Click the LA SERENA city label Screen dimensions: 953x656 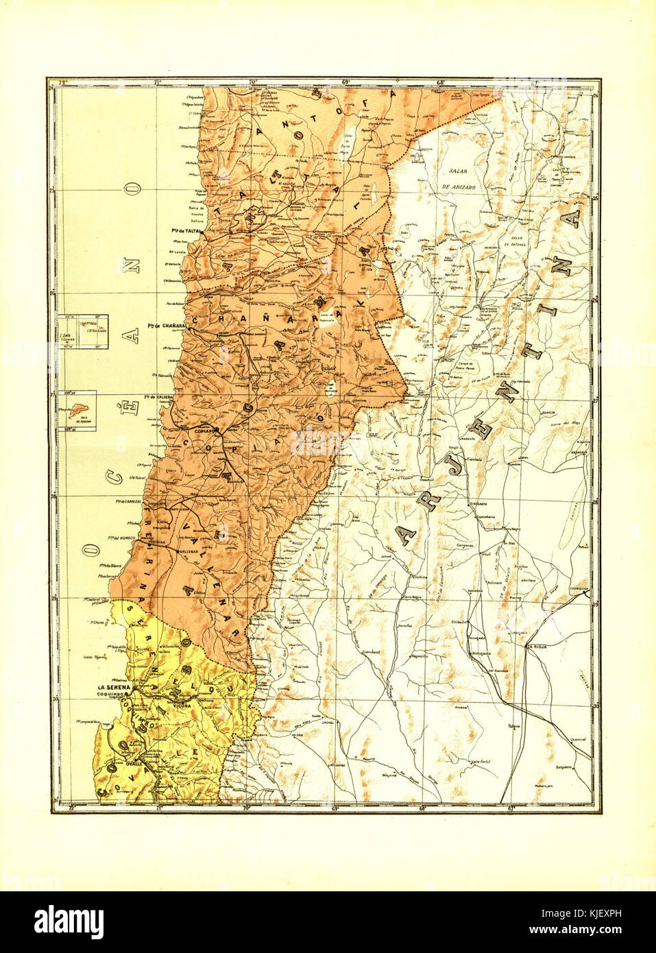pyautogui.click(x=114, y=687)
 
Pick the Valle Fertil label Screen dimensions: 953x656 pyautogui.click(x=484, y=761)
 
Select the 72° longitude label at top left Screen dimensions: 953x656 pyautogui.click(x=63, y=83)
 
